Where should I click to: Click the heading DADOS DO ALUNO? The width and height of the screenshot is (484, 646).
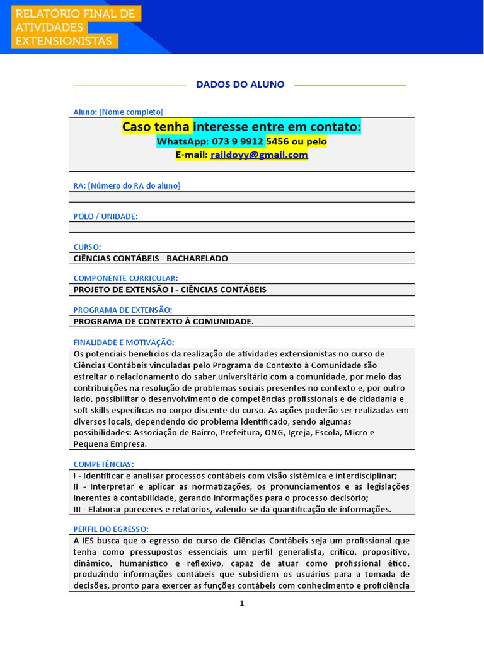click(x=240, y=85)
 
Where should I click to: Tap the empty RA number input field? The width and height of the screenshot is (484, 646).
click(x=241, y=196)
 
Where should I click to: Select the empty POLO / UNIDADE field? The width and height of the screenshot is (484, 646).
click(x=241, y=227)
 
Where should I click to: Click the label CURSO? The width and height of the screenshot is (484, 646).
click(x=88, y=247)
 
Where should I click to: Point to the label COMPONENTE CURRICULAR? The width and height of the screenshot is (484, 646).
click(x=125, y=278)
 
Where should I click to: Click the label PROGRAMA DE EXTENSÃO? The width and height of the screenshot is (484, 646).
click(x=123, y=310)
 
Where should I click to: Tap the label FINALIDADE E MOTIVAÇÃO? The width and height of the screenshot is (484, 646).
click(x=124, y=342)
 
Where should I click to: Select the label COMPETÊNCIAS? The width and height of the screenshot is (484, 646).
click(x=104, y=464)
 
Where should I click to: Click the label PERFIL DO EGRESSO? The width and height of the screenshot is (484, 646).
click(x=111, y=529)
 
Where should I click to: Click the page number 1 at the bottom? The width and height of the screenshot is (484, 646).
click(x=241, y=603)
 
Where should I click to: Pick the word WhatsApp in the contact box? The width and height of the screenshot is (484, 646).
click(x=178, y=142)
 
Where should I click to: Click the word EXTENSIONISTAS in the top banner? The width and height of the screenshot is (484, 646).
click(x=65, y=41)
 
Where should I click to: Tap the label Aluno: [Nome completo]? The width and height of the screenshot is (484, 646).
click(x=118, y=112)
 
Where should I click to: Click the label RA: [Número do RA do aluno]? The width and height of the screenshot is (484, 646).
click(x=127, y=185)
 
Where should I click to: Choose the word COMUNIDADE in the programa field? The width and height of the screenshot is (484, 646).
click(x=222, y=321)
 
